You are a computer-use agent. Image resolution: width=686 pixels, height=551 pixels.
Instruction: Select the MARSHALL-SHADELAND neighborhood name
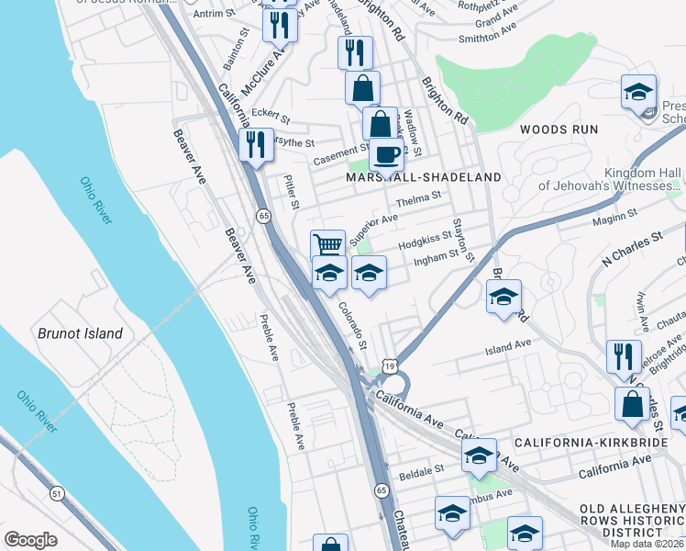pyautogui.click(x=424, y=177)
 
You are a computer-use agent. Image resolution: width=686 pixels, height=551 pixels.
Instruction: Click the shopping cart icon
pyautogui.click(x=327, y=244)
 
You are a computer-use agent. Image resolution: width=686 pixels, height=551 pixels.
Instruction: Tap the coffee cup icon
pyautogui.click(x=387, y=152)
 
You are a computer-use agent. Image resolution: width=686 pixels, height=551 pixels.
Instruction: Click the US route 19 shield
pyautogui.click(x=391, y=366)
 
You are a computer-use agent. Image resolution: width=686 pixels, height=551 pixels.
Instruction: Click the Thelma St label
pyautogui.click(x=418, y=198)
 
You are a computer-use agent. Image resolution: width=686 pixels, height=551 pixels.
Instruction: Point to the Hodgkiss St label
pyautogui.click(x=426, y=242)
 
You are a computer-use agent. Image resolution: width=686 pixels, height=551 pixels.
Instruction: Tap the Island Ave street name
pyautogui.click(x=508, y=346)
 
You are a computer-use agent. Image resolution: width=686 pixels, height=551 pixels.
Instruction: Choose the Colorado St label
pyautogui.click(x=350, y=325)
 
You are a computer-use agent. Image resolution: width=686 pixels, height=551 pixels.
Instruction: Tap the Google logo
pyautogui.click(x=30, y=540)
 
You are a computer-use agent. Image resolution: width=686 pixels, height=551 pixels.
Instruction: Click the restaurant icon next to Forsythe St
pyautogui.click(x=255, y=143)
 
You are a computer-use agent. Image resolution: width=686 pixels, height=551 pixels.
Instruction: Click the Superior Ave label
pyautogui.click(x=373, y=223)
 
